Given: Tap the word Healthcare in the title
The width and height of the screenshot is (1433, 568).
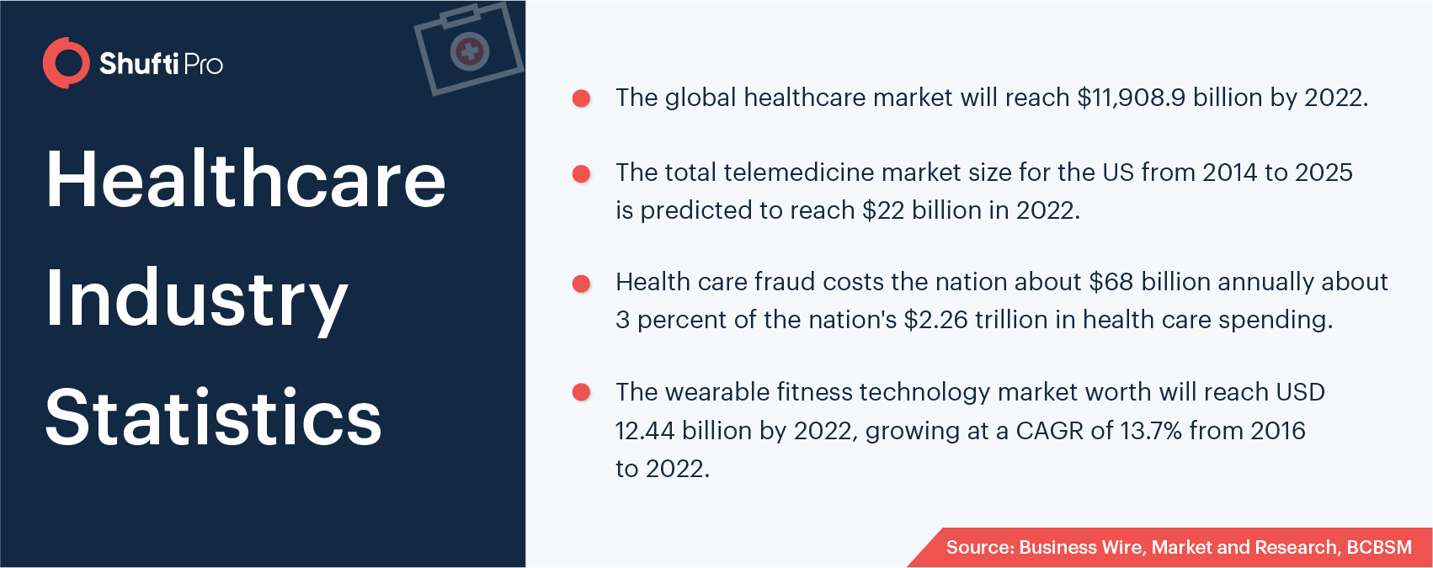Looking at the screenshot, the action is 246,178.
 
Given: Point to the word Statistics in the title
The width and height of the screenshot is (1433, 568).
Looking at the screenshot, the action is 214,417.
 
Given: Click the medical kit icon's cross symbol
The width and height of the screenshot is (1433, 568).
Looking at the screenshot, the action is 470,51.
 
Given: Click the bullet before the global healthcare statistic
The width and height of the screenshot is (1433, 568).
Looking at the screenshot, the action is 582,98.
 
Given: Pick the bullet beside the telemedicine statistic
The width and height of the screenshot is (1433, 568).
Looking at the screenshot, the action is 582,173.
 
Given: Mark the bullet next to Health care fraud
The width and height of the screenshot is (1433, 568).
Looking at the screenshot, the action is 582,284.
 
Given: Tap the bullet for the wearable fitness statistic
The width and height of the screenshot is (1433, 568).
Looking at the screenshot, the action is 582,392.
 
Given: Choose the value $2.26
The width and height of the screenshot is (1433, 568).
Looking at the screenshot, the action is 936,320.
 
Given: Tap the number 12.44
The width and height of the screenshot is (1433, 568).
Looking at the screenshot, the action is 645,431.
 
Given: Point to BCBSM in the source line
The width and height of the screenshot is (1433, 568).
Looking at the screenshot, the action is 1379,548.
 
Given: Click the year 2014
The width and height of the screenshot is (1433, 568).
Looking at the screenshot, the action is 1229,173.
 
